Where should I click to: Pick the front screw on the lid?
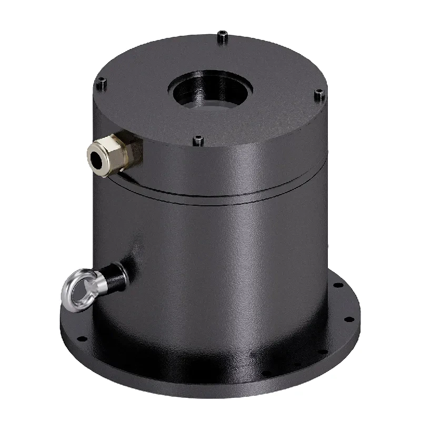coord(198,140)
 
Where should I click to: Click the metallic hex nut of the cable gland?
coord(115,150)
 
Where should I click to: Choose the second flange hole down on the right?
coord(347,319)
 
